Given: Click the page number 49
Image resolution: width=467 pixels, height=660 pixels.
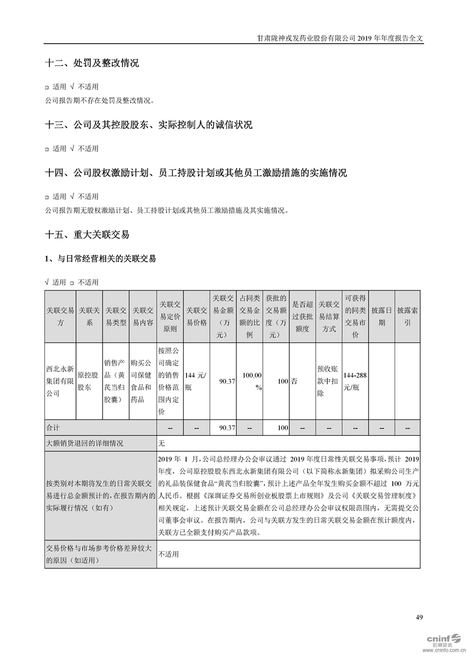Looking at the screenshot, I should pos(419,617).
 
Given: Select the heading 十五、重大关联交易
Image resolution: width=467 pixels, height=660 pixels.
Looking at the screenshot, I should pos(87,234).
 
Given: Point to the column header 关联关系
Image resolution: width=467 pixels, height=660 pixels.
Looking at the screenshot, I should pos(89,316).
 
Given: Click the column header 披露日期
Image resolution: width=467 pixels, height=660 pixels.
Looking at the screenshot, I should pos(382,316).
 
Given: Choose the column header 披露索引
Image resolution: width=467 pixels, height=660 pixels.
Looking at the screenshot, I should pos(407,316).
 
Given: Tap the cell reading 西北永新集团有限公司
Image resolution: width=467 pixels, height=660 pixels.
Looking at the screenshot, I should pos(60,381).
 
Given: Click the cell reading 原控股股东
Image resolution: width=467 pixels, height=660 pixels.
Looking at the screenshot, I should pos(89,381).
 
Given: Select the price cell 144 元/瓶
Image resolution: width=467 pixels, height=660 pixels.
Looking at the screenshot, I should pos(197,381).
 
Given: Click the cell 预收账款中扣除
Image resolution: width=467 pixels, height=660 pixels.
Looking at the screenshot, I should pos(329,381).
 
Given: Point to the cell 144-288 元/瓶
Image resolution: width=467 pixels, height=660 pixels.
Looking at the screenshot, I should pos(355,381).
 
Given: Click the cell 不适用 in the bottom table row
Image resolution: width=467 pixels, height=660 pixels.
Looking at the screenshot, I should pos(168,554).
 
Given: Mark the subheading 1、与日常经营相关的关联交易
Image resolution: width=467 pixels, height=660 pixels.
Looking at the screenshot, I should pos(100,258).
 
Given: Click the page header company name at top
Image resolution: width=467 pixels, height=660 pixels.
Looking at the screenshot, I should pos(340,36).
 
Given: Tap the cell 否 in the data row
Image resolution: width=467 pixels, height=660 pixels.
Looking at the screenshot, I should pos(294,381).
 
